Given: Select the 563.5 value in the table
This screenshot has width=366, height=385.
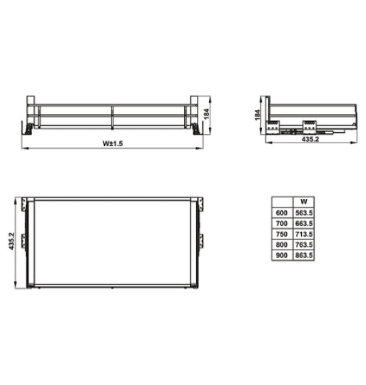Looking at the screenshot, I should [304, 212].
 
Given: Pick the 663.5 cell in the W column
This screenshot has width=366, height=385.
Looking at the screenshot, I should [304, 223].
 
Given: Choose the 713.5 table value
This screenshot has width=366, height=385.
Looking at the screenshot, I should [304, 233].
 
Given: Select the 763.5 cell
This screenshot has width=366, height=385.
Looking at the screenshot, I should [304, 244].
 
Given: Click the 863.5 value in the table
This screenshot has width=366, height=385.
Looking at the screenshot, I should [304, 254].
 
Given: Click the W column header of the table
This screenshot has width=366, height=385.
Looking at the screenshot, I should [304, 201].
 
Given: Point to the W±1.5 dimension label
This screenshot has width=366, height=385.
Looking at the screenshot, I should [113, 143].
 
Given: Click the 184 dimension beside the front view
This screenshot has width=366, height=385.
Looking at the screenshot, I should [206, 112].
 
